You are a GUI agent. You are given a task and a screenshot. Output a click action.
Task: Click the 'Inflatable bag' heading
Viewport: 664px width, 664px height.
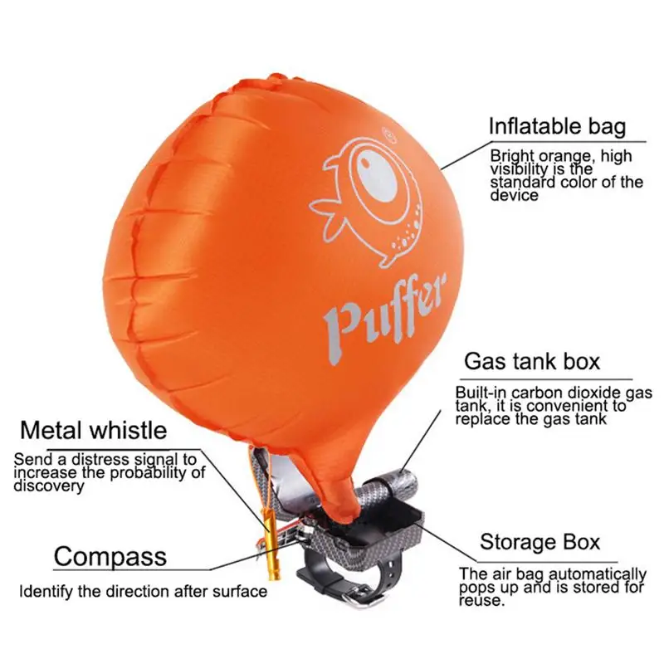point(557,126)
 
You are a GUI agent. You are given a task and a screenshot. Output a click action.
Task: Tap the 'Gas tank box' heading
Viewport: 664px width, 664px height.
point(532,361)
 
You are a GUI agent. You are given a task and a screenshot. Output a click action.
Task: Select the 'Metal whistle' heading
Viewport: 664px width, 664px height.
point(94,430)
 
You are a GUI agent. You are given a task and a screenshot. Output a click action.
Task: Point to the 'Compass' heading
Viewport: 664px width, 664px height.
point(110,556)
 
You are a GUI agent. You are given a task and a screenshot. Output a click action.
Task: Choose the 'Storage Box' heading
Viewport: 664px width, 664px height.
point(540,542)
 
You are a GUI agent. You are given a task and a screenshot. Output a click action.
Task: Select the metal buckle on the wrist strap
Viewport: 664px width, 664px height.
point(364,599)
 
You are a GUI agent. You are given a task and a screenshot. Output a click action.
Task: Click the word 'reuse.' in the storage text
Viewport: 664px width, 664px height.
point(482,601)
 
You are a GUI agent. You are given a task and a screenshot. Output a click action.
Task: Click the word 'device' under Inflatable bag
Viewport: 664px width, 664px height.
point(515,195)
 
